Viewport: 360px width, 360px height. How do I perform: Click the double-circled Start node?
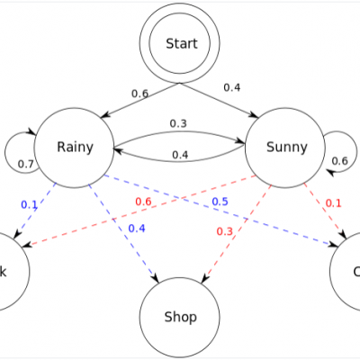pos(180,43)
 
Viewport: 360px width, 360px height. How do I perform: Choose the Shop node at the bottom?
pos(180,317)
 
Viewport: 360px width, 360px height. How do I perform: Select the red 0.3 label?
pos(224,231)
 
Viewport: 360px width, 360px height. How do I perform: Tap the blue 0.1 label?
pos(30,204)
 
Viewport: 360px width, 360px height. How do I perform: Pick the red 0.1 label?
pos(333,202)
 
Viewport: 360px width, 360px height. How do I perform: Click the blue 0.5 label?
pos(220,201)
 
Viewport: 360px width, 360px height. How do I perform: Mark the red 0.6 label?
pos(143,201)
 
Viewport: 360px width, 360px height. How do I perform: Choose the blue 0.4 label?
pos(136,228)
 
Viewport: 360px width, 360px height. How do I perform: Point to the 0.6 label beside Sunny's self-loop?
pos(339,161)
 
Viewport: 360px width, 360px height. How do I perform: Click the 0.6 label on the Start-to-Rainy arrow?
pos(140,93)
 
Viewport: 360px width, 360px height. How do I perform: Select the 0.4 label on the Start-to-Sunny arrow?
pos(232,87)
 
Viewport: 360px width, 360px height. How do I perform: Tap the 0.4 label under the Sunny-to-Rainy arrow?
pos(180,155)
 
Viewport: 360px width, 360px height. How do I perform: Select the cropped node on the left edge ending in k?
pos(9,270)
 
